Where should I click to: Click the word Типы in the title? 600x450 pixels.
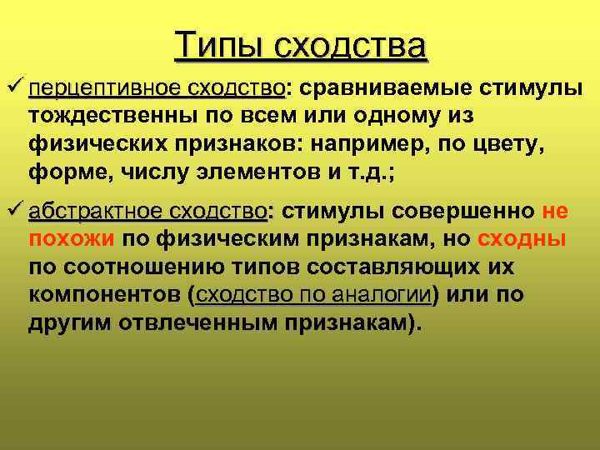[x=219, y=45]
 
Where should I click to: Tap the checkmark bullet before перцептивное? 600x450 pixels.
[x=14, y=87]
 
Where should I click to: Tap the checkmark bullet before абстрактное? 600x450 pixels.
[x=14, y=211]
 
